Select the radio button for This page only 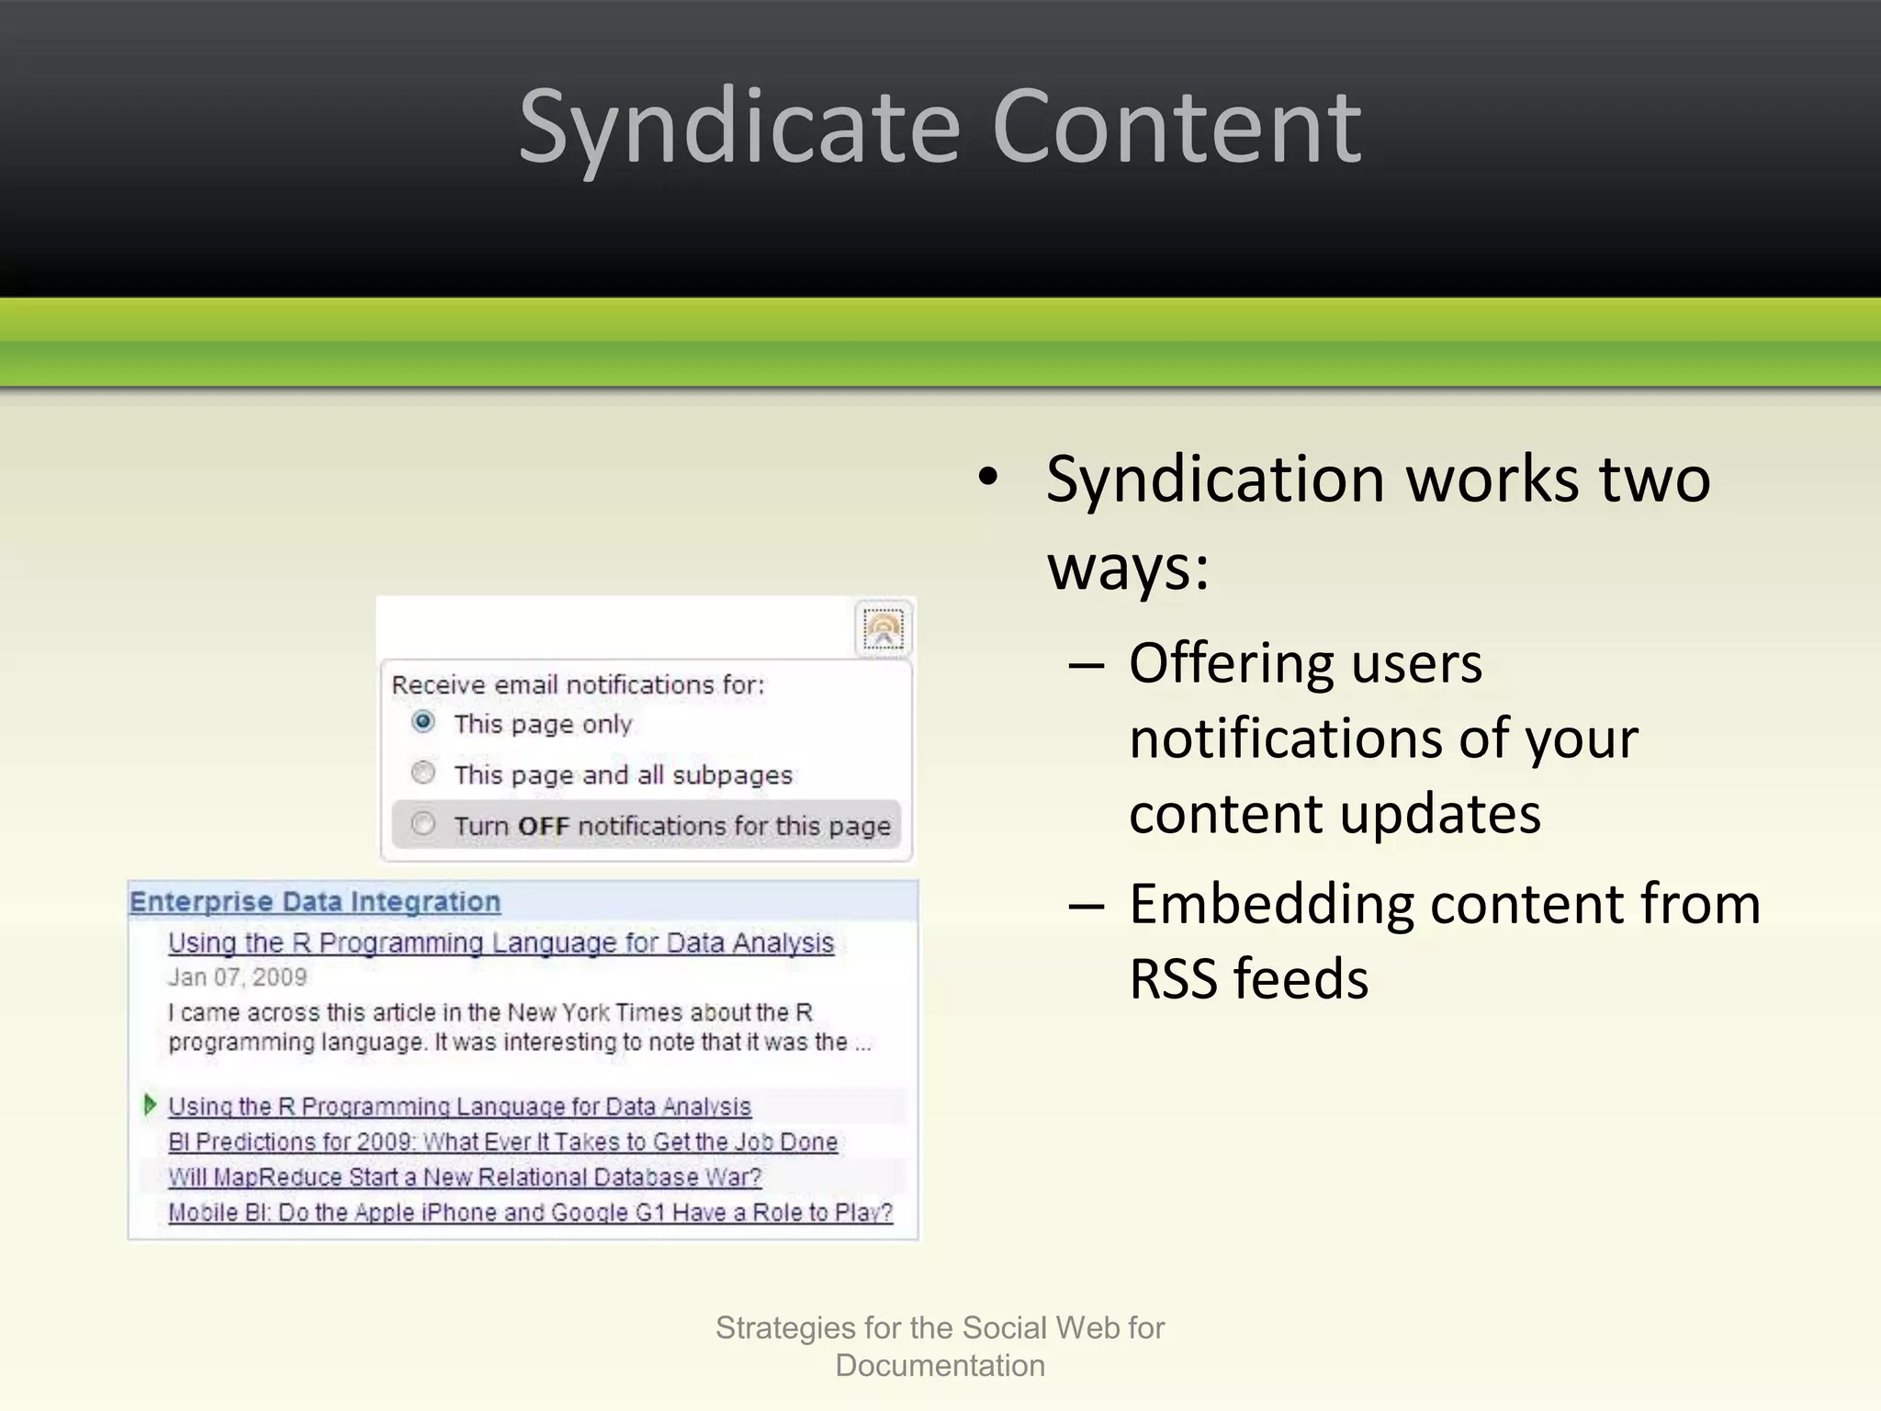[422, 722]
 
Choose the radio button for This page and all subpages [422, 773]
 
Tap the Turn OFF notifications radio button [422, 823]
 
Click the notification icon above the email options [884, 629]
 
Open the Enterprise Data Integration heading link [315, 901]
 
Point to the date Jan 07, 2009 [237, 977]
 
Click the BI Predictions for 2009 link [502, 1142]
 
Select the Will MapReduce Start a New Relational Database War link [465, 1177]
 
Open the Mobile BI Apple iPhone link [530, 1213]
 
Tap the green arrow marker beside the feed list [151, 1104]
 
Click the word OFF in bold [544, 826]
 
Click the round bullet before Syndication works [987, 477]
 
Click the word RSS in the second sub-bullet [1172, 979]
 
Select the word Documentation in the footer [940, 1366]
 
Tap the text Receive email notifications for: [578, 684]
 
